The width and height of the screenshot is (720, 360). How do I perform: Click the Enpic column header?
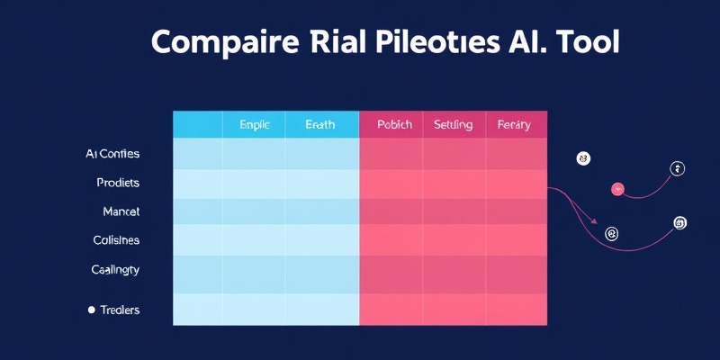[254, 125]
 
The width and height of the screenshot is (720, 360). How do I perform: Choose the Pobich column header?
[394, 125]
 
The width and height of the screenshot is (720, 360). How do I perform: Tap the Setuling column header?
[453, 125]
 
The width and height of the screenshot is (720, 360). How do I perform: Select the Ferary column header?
[514, 125]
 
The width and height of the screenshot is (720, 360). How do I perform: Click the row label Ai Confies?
[112, 154]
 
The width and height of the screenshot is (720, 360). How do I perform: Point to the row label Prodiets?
[118, 183]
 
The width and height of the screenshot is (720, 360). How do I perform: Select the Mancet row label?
[121, 211]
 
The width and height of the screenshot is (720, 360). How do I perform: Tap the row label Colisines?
[116, 240]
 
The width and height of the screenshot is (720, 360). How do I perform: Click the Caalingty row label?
[115, 269]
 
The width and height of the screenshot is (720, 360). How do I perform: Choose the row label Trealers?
[120, 310]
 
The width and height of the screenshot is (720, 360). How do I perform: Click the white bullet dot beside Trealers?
[91, 310]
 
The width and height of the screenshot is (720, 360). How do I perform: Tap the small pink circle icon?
[617, 189]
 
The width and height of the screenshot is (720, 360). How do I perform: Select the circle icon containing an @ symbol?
[612, 234]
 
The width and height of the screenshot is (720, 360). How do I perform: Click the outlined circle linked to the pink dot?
[678, 168]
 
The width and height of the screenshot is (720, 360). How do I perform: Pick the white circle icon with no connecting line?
[582, 158]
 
